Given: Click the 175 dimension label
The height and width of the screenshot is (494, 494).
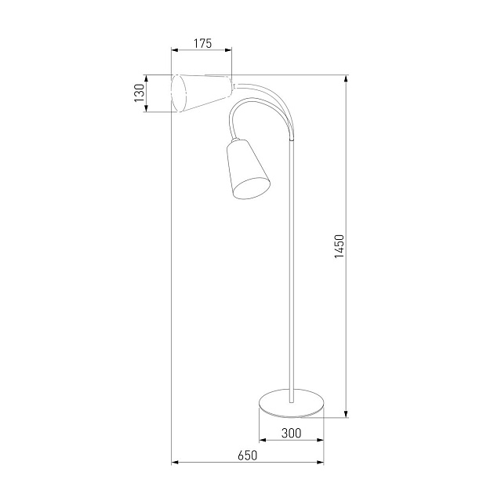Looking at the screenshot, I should (202, 44).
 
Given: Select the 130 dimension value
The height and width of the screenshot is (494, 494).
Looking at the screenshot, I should (139, 93).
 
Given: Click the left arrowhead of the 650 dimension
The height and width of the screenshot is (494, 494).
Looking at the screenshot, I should (175, 461).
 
